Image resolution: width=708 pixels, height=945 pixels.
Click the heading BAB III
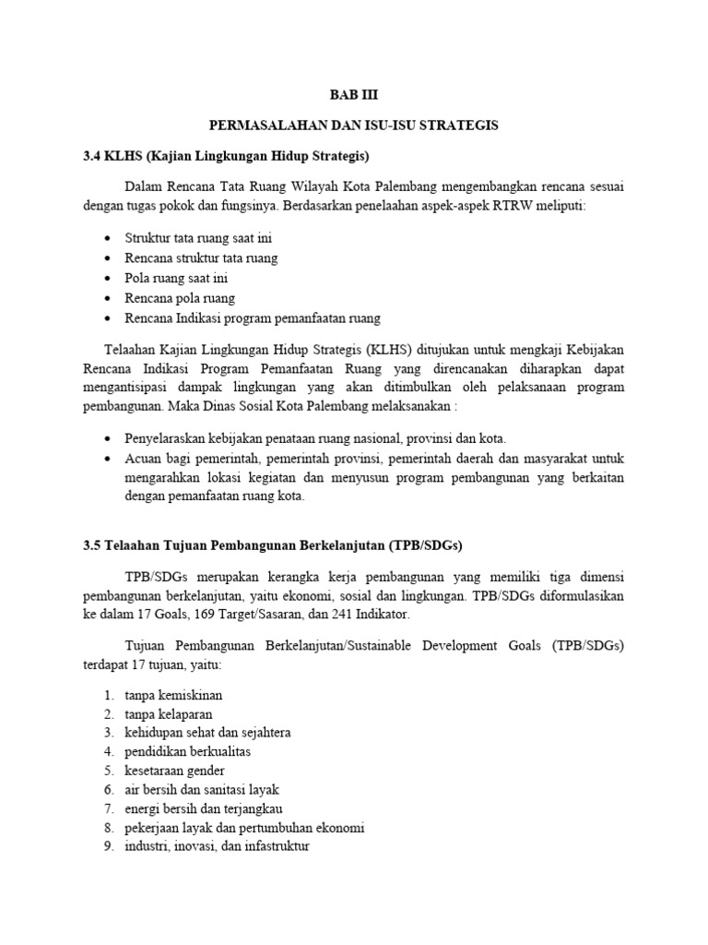[354, 95]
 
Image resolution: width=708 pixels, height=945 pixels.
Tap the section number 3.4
[93, 155]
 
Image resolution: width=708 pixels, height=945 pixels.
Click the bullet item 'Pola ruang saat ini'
[176, 278]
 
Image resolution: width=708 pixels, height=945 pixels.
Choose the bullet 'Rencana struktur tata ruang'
[201, 257]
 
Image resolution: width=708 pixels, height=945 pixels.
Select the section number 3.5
[93, 545]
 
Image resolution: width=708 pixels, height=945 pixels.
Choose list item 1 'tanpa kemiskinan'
[173, 694]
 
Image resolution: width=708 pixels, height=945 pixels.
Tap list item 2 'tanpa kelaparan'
[171, 714]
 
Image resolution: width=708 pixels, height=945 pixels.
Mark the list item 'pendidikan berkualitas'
[188, 751]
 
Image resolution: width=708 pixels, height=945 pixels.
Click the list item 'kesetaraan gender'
[174, 771]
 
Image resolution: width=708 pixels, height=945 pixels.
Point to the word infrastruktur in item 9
[270, 845]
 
